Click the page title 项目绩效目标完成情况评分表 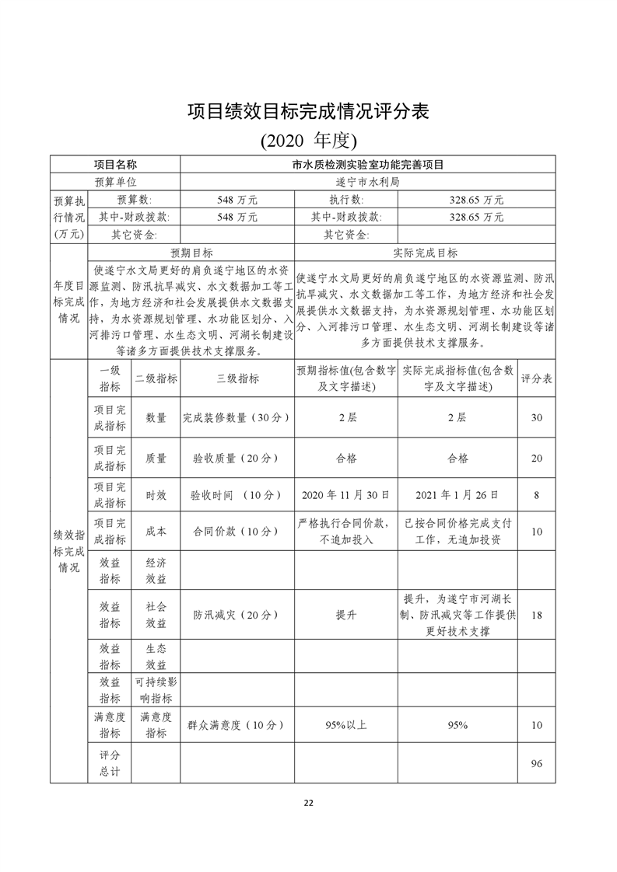tap(308, 110)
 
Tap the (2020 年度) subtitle tap(308, 140)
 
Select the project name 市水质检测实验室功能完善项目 tap(367, 165)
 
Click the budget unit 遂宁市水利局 tap(367, 182)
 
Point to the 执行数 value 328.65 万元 tap(476, 200)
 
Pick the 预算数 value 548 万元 tap(237, 200)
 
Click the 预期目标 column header tap(191, 253)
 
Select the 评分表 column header tap(536, 378)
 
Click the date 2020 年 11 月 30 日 tap(346, 494)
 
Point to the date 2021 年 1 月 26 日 tap(457, 494)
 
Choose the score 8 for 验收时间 tap(536, 494)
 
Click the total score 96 tap(536, 764)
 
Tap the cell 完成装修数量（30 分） tap(237, 417)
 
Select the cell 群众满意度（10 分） tap(237, 725)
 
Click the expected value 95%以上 tap(346, 725)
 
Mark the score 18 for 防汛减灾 tap(536, 615)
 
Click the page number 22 tap(308, 803)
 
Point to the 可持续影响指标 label tap(156, 689)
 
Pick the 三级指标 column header tap(237, 378)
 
